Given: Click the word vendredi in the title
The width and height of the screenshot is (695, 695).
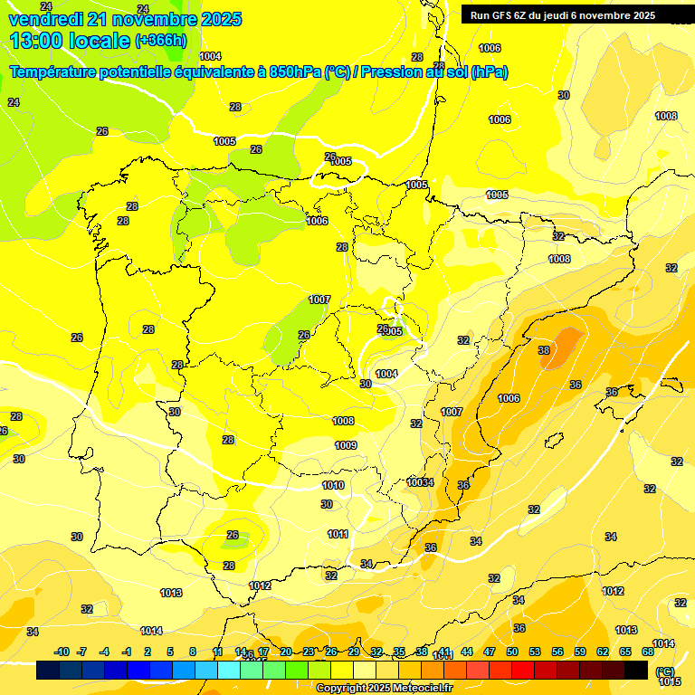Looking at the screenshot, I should (46, 19).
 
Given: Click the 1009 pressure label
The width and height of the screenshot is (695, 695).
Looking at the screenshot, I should (346, 445).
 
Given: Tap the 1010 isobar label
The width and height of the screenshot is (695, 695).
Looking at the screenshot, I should (333, 486).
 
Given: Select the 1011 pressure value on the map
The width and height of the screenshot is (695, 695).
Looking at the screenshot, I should (338, 534).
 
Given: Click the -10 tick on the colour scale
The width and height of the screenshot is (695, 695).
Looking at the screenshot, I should (62, 652).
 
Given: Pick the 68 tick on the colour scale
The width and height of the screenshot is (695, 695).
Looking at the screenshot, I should (648, 652).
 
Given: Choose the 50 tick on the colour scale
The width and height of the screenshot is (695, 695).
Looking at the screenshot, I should (512, 652).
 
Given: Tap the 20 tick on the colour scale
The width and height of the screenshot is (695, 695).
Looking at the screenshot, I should (286, 652).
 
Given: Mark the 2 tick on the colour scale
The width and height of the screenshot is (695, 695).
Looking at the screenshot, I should (148, 652).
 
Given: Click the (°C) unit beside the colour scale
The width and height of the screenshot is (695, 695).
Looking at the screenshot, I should (665, 671).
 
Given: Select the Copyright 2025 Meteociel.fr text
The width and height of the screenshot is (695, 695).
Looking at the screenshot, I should (384, 688).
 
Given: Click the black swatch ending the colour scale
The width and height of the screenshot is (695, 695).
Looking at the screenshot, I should (636, 670).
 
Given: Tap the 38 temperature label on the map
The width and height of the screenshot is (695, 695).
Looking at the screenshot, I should (544, 350).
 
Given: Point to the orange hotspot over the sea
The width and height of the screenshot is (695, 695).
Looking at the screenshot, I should (563, 347).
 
